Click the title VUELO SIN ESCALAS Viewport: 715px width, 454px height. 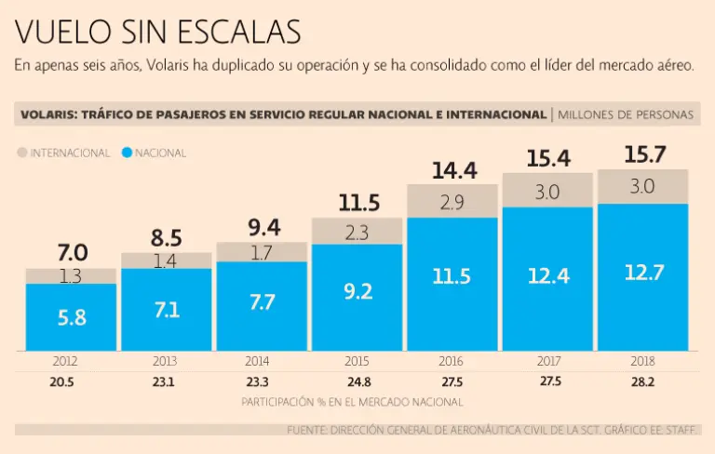[x=158, y=32]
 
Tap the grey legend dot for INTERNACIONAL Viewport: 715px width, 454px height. [x=22, y=152]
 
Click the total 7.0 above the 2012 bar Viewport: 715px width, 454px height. [x=72, y=252]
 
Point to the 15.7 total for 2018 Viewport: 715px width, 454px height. [x=642, y=154]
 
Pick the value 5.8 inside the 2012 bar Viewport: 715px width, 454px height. [x=72, y=317]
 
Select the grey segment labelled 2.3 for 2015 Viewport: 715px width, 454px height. [x=357, y=233]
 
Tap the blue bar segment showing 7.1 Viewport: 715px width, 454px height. [x=168, y=309]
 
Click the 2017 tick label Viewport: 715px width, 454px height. [x=547, y=360]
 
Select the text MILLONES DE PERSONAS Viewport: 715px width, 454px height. [x=626, y=114]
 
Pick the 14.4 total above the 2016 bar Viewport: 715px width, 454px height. [x=454, y=170]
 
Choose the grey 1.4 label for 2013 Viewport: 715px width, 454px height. [x=165, y=260]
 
